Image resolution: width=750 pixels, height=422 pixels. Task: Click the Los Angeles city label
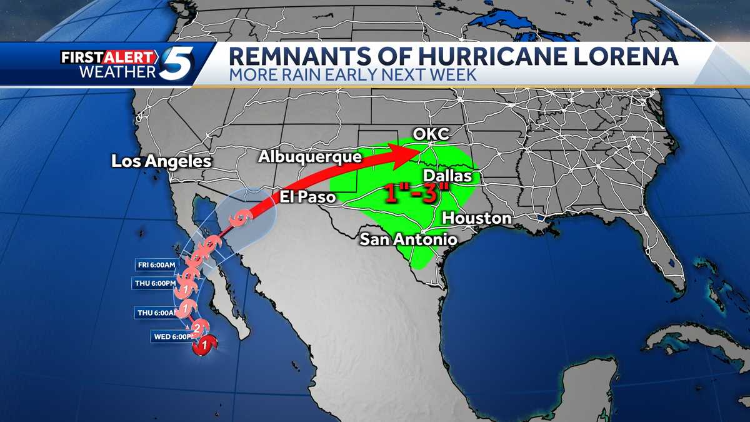click(161, 161)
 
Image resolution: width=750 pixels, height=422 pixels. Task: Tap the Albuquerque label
click(309, 156)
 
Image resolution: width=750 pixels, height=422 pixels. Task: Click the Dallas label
click(447, 176)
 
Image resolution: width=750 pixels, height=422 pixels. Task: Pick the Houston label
click(477, 218)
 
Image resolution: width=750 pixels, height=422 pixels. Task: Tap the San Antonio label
click(408, 239)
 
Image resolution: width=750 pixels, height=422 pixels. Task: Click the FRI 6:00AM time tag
click(157, 264)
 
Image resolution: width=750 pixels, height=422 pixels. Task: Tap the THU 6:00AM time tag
click(156, 312)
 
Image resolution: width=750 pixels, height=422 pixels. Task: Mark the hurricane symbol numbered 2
click(196, 328)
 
